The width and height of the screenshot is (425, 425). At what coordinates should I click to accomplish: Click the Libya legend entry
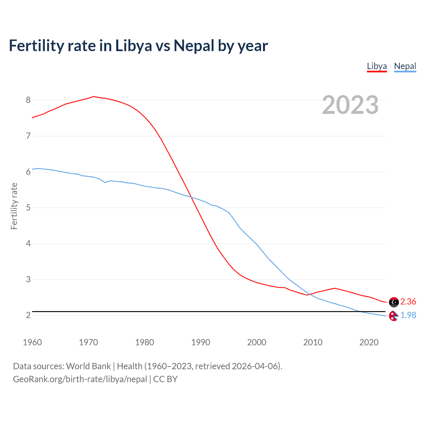coord(377,66)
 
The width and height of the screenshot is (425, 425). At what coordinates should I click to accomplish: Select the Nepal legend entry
coord(405,66)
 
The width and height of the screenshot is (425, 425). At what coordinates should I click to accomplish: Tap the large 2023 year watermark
coord(350,105)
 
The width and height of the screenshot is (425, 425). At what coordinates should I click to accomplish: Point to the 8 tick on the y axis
coord(28,100)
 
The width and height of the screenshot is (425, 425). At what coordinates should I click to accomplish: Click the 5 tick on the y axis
coord(28,208)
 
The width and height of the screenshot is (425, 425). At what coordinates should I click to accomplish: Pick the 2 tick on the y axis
coord(28,315)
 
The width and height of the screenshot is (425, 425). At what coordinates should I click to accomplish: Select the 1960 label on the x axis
coord(32,342)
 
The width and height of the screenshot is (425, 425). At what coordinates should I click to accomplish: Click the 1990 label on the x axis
coord(201,342)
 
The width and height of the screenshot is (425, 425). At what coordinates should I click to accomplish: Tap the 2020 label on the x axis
coord(369,342)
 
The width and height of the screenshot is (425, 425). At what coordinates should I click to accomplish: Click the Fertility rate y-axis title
coord(14,206)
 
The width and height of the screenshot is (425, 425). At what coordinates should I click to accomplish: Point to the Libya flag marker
coord(394,302)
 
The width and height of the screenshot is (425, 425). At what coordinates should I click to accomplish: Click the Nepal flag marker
coord(393,316)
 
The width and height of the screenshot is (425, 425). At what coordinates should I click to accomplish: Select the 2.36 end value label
coord(408,301)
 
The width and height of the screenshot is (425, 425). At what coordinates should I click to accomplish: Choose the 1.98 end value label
coord(408,315)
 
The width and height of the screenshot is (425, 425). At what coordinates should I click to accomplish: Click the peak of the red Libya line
coord(94,97)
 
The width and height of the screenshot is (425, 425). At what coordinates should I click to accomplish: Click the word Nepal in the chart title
coord(194,45)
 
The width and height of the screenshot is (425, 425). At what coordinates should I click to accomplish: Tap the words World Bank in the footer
coord(88,366)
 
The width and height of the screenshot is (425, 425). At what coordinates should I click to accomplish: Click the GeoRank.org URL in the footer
coord(80,379)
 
